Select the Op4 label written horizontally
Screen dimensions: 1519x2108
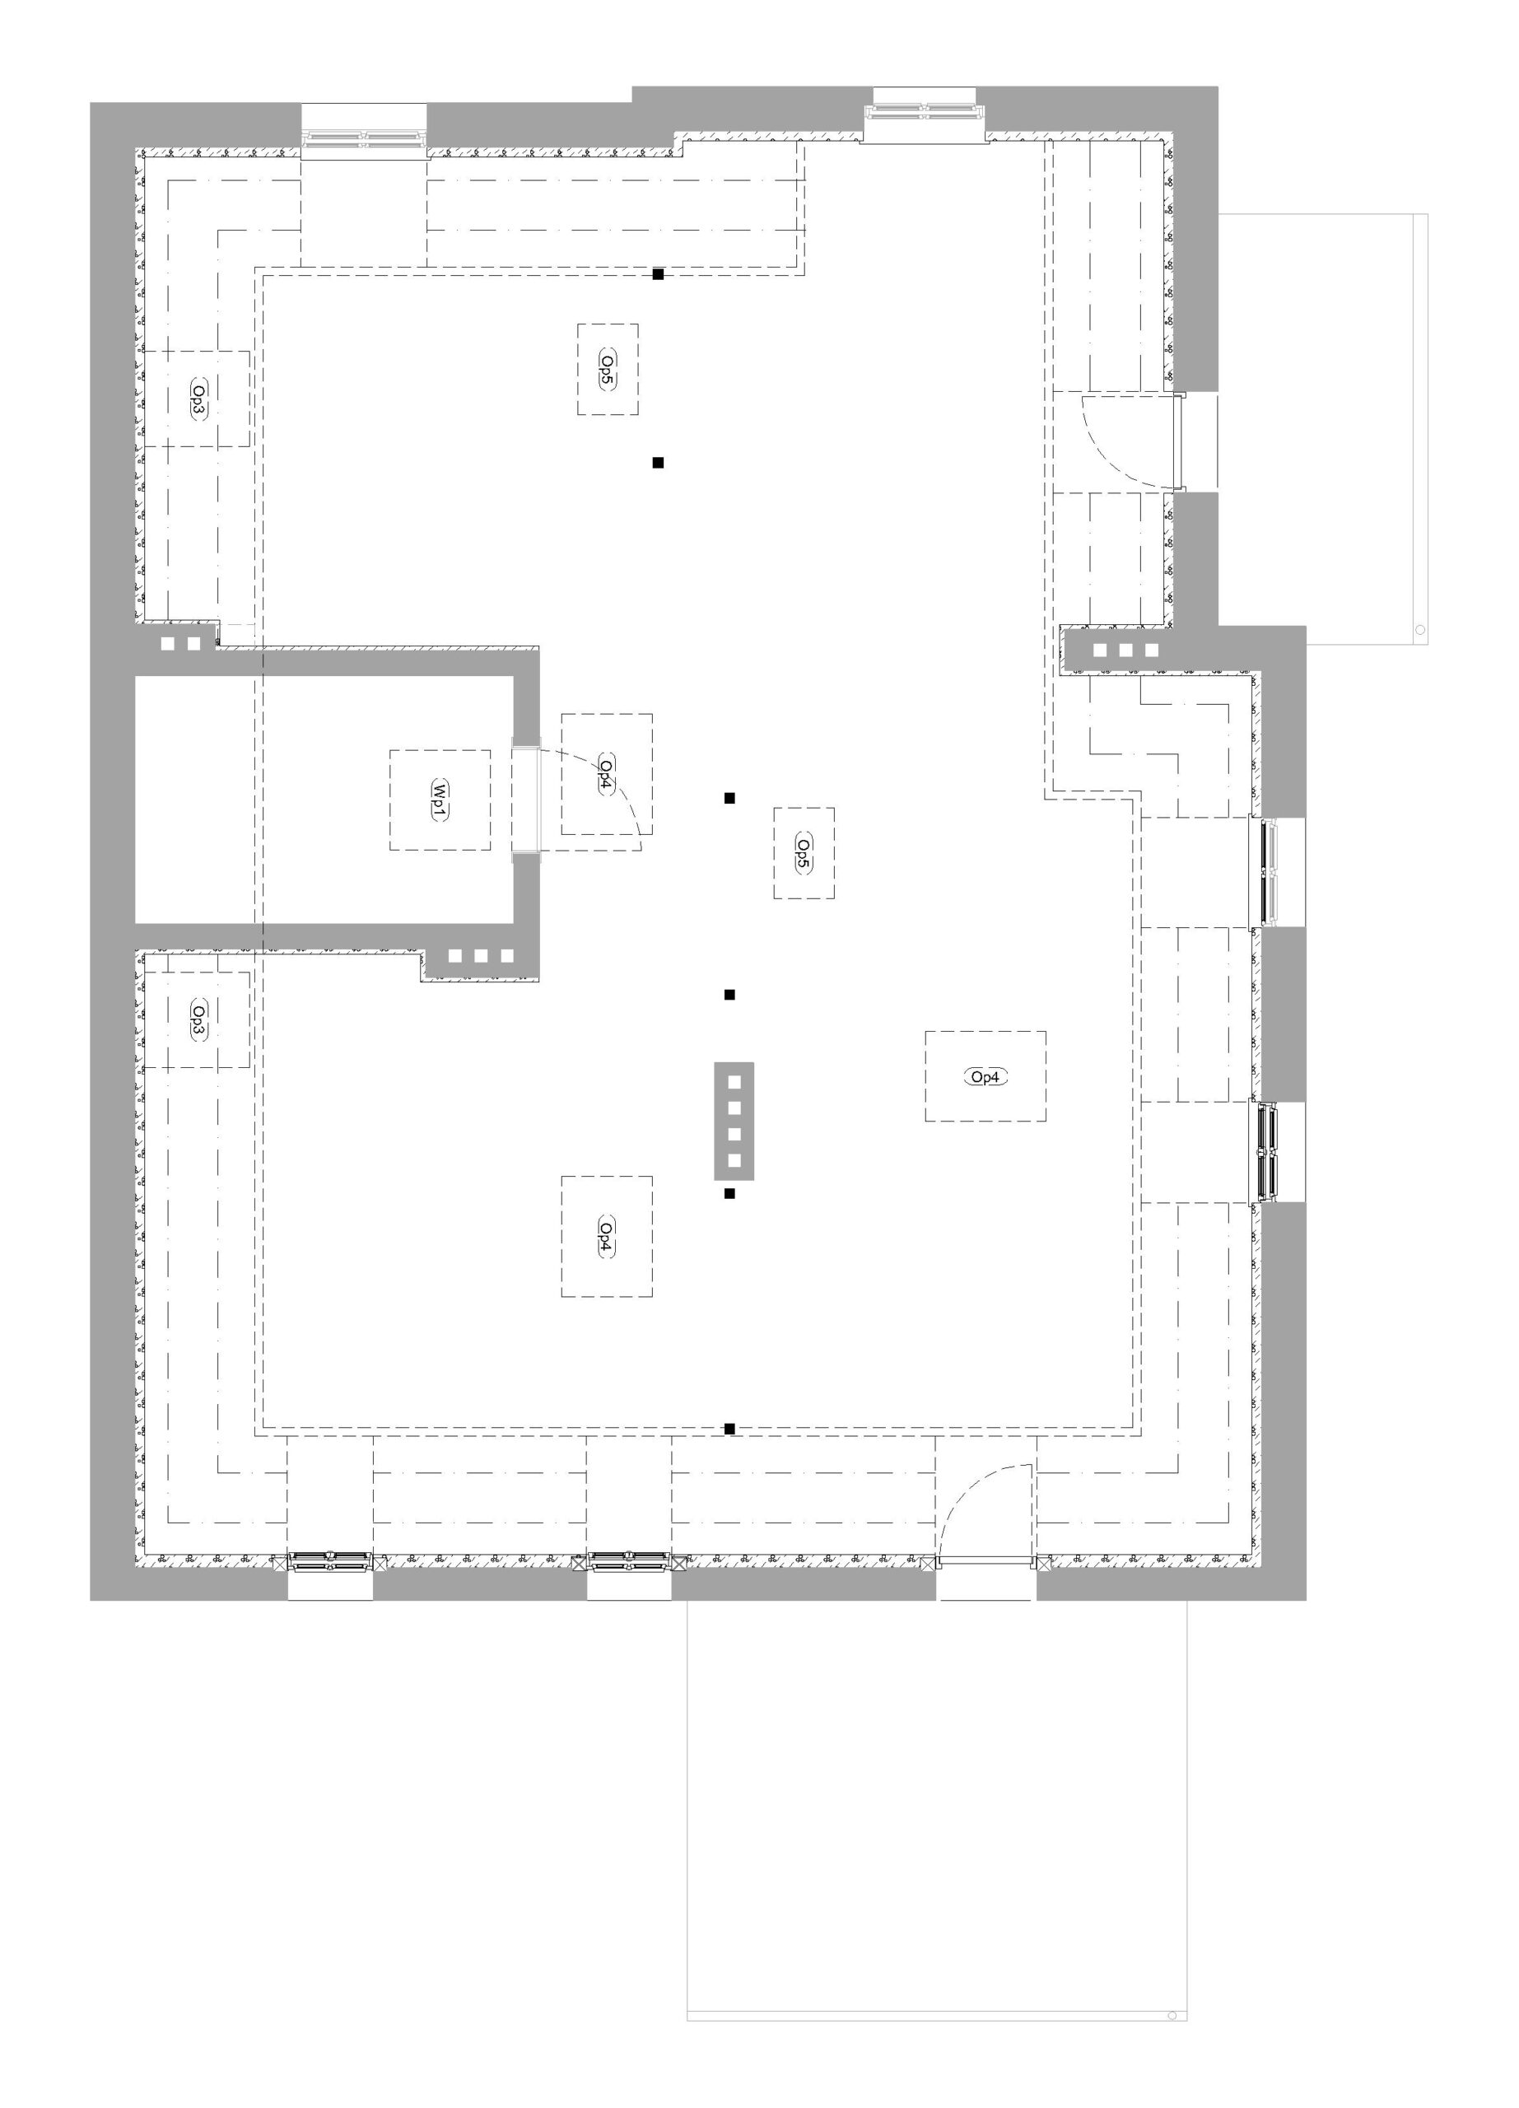(x=985, y=1077)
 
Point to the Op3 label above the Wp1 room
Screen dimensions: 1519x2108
(x=198, y=398)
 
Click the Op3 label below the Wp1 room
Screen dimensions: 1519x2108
(x=198, y=1019)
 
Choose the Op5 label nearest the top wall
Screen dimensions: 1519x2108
(x=607, y=369)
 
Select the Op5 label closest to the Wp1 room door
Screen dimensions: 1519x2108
(x=804, y=852)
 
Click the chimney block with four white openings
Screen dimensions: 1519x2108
(x=733, y=1121)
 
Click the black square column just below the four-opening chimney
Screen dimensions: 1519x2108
(x=729, y=1193)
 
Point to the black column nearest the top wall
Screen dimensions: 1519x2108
(x=658, y=274)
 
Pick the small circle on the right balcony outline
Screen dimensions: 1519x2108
(x=1419, y=629)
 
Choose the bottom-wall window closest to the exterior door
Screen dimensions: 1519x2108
(x=629, y=1561)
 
